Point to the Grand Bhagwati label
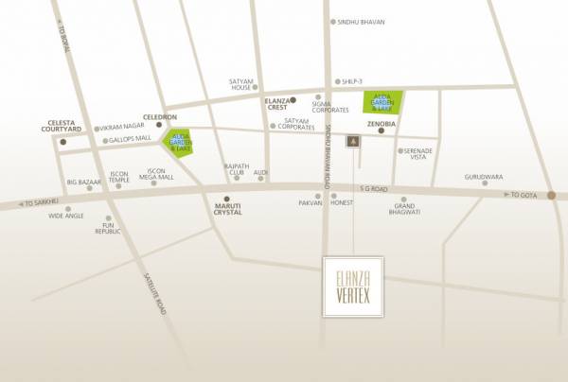coord(406,209)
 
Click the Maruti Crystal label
coord(227,209)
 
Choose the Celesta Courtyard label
coord(64,127)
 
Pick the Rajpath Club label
coord(236,169)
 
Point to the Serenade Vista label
coord(418,155)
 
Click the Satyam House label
coord(246,85)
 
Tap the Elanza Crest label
coord(277,104)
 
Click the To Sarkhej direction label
coord(42,202)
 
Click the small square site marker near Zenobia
coord(352,141)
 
